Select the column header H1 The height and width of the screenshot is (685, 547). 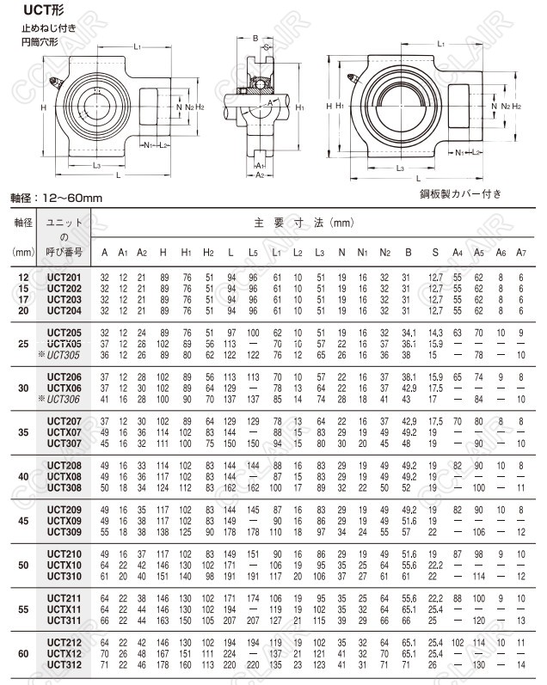click(186, 252)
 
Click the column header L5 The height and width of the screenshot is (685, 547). click(253, 252)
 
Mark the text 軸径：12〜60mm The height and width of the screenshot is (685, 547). click(57, 198)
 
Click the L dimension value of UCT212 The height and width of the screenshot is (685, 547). click(230, 642)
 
